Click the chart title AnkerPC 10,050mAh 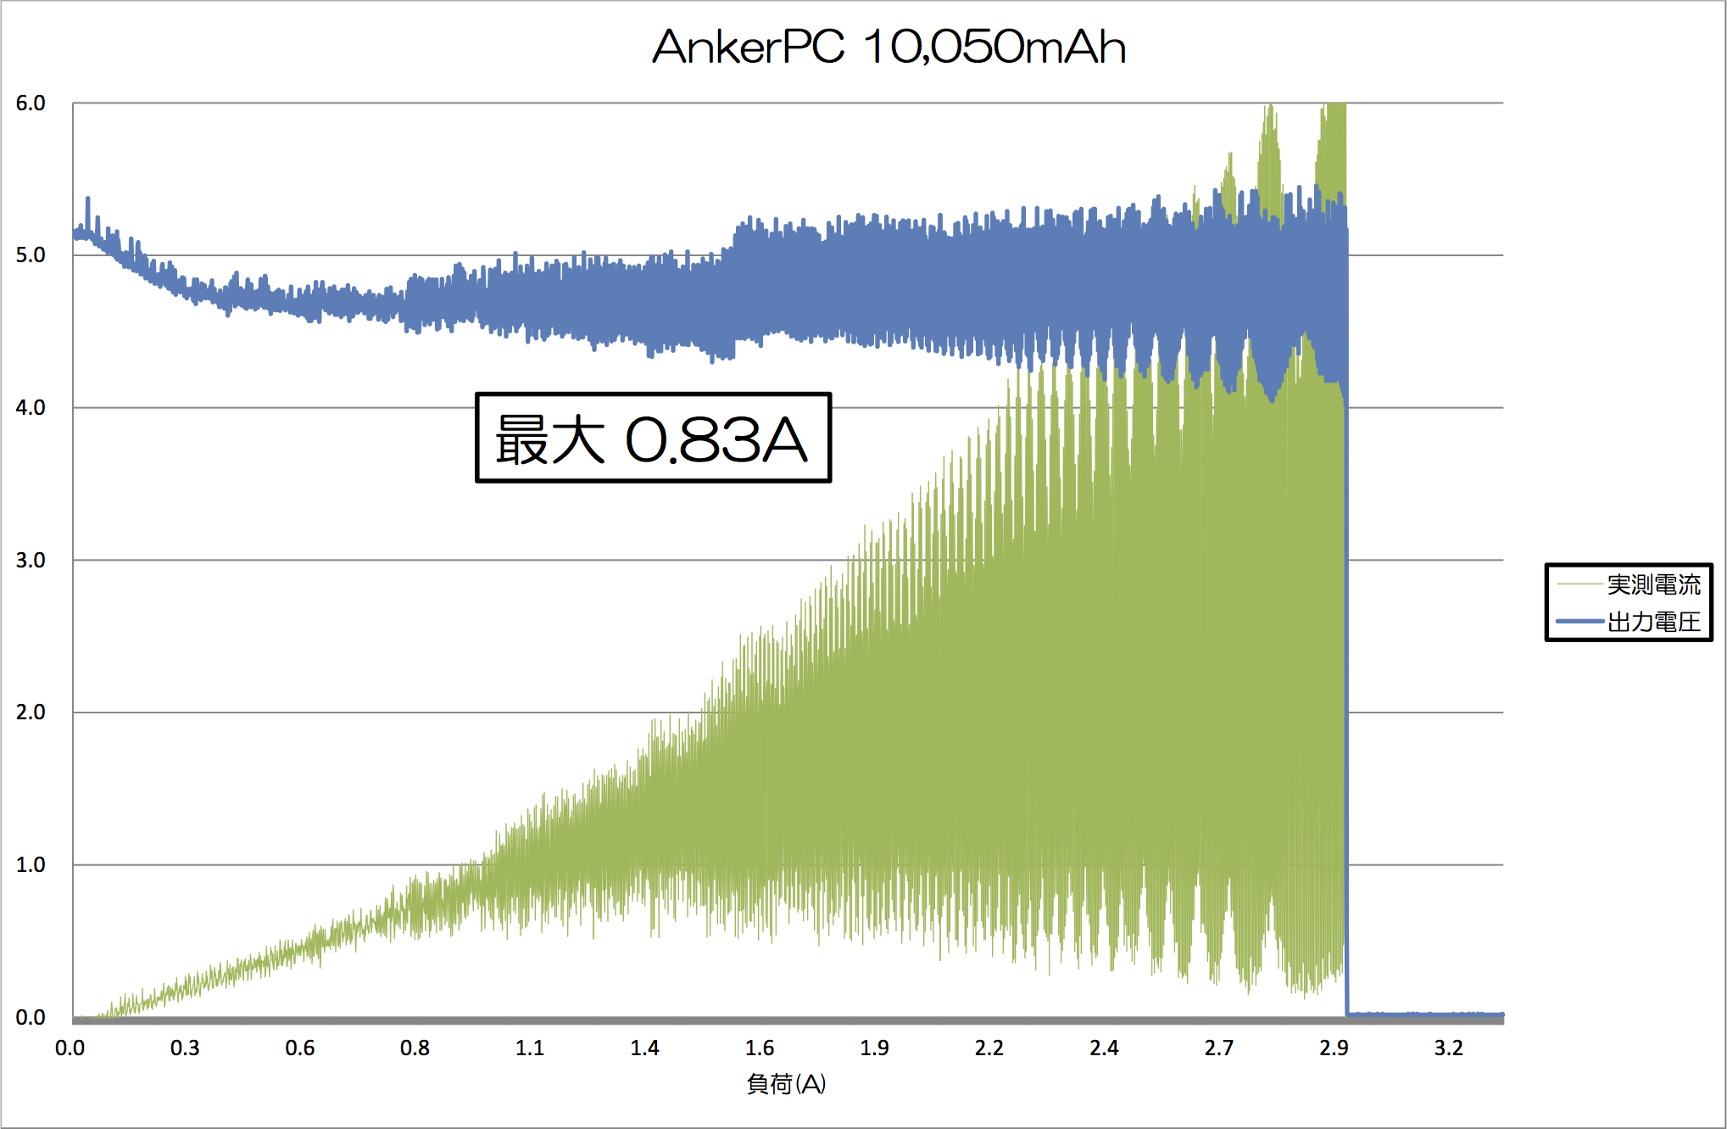[x=889, y=47]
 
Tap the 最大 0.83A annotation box [x=653, y=438]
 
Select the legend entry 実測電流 [x=1653, y=584]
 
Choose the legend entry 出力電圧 [x=1653, y=622]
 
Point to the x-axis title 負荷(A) [x=786, y=1083]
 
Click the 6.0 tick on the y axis [x=31, y=103]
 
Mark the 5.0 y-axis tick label [x=31, y=255]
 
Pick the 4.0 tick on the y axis [x=31, y=408]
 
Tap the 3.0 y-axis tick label [x=31, y=560]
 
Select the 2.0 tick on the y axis [x=31, y=713]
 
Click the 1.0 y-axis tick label [x=31, y=864]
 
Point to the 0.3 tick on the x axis [x=185, y=1048]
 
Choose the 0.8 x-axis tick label [x=415, y=1048]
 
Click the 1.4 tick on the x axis [x=644, y=1048]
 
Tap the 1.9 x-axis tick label [x=874, y=1048]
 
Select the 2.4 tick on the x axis [x=1104, y=1048]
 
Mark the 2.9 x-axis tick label [x=1334, y=1048]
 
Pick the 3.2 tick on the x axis [x=1448, y=1048]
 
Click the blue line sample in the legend [x=1579, y=622]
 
